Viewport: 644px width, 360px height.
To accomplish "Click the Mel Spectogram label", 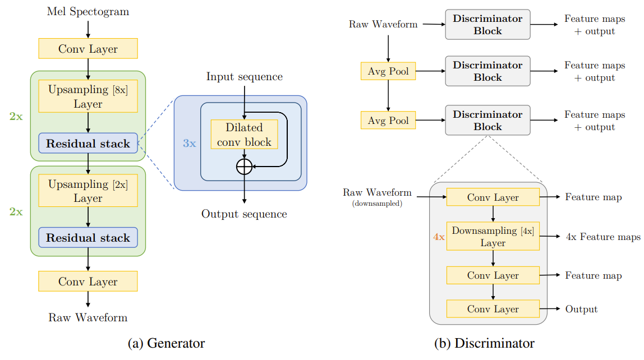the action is coord(88,11).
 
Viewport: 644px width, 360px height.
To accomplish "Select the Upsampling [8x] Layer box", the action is coord(88,96).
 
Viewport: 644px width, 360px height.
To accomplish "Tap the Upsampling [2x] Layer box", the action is coord(88,191).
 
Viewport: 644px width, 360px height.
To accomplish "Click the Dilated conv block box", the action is coord(245,134).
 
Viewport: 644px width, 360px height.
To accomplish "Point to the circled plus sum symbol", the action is coord(245,167).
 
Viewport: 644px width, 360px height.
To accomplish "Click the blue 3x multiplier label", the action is coord(190,143).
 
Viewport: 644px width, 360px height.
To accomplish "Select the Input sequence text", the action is coord(245,77).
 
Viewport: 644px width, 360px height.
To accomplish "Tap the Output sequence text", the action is coord(244,214).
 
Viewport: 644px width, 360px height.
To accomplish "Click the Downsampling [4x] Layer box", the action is coord(493,236).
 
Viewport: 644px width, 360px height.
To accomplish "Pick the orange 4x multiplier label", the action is coord(439,237).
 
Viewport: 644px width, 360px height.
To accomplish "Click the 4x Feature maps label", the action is coord(603,237).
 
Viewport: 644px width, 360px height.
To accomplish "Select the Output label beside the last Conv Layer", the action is coord(581,309).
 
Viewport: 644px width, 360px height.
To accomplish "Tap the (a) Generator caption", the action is coord(167,343).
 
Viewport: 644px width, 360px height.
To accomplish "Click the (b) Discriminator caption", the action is coord(484,343).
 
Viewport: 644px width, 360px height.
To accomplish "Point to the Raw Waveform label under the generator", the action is coord(88,318).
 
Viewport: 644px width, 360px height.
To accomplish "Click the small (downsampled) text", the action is coord(377,204).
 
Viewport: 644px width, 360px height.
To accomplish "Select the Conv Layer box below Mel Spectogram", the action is coord(88,48).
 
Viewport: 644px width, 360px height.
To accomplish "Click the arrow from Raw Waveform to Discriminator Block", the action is coord(434,24).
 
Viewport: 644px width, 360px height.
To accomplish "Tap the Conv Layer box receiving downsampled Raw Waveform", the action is coord(493,197).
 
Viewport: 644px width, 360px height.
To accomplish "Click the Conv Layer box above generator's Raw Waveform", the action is coord(88,281).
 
